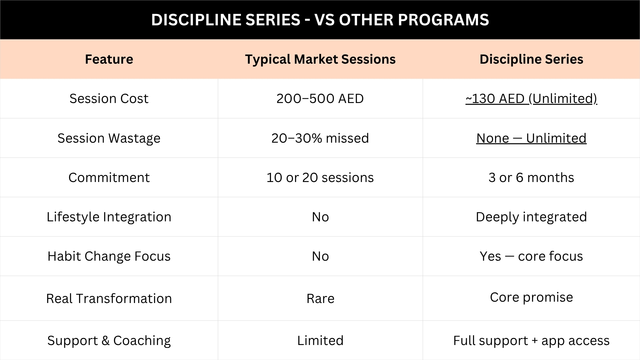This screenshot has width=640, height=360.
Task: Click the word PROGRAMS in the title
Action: click(x=443, y=20)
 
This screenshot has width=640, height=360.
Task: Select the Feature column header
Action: click(x=109, y=59)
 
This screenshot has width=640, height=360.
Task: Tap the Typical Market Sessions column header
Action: click(x=320, y=59)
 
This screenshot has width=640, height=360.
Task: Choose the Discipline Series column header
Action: click(x=531, y=59)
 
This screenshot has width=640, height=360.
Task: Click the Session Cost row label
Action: click(x=109, y=99)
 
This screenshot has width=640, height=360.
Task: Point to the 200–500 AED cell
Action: click(x=320, y=99)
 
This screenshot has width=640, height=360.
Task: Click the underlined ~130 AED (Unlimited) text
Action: click(x=531, y=99)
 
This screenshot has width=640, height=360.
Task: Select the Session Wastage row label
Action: click(x=109, y=138)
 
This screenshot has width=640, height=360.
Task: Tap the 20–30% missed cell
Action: click(x=320, y=138)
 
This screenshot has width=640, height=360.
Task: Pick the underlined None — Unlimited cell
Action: click(x=531, y=138)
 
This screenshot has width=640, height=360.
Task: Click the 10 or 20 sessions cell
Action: click(x=320, y=177)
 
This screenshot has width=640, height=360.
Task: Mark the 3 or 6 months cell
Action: click(x=531, y=177)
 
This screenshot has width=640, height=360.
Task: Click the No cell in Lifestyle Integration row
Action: click(x=320, y=217)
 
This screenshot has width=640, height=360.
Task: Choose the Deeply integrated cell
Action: click(x=531, y=217)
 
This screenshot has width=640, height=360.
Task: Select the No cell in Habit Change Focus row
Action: click(x=320, y=256)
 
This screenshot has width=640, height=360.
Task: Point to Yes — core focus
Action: click(x=531, y=256)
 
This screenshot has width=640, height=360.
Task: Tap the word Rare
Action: click(x=320, y=299)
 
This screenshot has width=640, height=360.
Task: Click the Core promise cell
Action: click(x=531, y=297)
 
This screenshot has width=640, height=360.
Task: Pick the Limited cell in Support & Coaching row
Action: click(x=320, y=341)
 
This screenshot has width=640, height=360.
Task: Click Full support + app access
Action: click(x=531, y=341)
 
